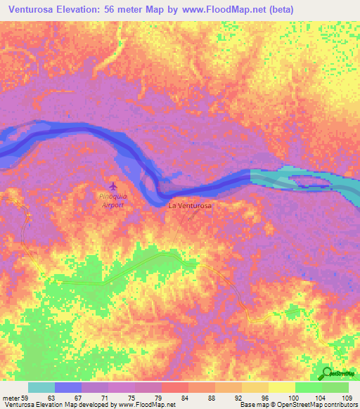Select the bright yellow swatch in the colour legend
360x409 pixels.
click(281, 387)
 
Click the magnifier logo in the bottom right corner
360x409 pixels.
click(324, 373)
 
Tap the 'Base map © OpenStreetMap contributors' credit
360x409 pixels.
click(297, 405)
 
